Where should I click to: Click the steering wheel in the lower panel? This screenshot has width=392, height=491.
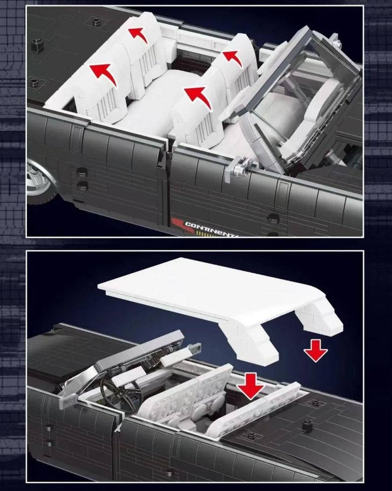(x=121, y=391)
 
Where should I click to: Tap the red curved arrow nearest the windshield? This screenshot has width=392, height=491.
(x=234, y=58)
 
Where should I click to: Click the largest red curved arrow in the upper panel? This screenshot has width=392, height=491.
(x=104, y=74)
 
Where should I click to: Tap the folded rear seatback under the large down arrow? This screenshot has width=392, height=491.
(x=246, y=409)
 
